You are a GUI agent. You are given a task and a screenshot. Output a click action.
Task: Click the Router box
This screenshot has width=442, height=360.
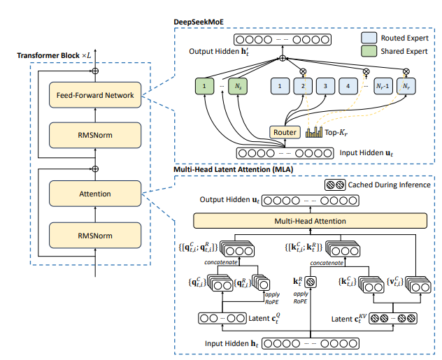tap(285, 131)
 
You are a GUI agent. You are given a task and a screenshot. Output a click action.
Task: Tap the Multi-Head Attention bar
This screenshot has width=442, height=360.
tap(309, 221)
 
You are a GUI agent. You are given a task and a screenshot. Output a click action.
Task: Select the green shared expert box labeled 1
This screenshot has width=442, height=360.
tap(204, 87)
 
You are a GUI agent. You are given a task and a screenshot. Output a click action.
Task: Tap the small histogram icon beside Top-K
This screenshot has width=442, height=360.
tap(314, 131)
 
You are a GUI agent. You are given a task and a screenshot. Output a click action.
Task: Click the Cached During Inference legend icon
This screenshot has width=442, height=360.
tap(334, 186)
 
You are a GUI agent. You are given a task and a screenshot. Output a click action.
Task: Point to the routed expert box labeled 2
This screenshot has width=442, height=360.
tap(303, 87)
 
